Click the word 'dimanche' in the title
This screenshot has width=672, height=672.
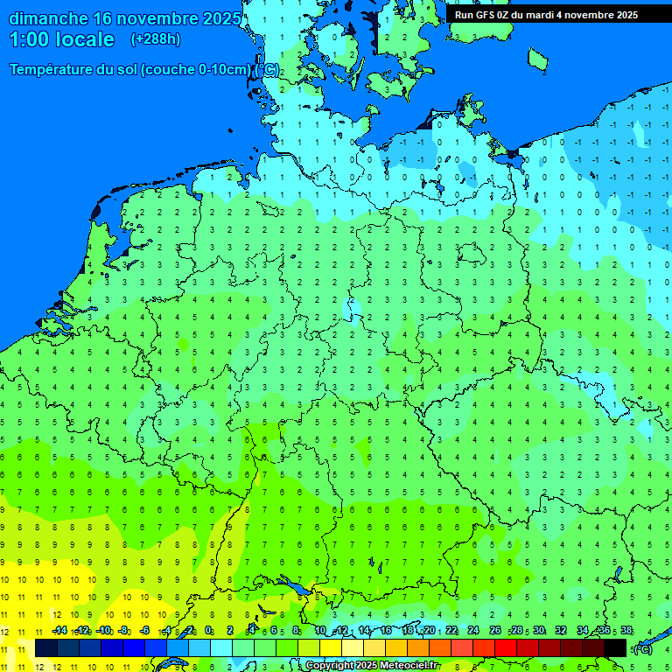47,18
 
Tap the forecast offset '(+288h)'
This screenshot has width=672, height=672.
155,39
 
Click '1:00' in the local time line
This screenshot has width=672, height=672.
29,39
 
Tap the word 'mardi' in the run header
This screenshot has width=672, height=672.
537,15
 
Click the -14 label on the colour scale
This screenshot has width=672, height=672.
59,630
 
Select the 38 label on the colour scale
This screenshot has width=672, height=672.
626,630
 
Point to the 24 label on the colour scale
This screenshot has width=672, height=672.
473,630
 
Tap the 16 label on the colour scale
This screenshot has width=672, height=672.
386,630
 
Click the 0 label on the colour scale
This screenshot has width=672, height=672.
210,630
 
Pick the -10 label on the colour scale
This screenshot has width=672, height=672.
103,630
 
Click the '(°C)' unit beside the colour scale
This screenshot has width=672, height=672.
643,648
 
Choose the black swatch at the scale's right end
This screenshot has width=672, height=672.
616,647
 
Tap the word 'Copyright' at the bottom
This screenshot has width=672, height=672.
330,666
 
